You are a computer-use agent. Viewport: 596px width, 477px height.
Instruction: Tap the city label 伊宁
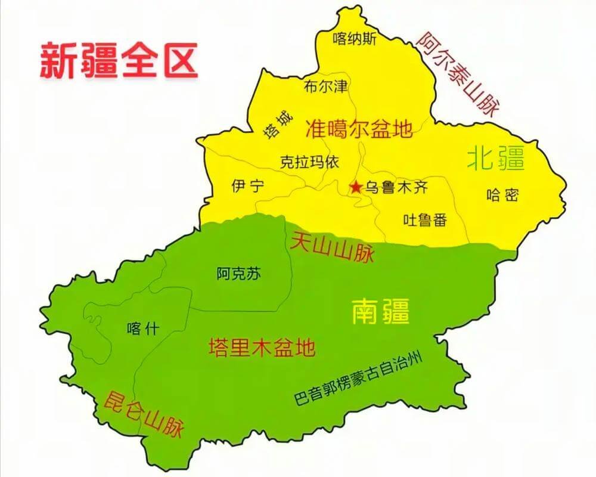pyautogui.click(x=247, y=186)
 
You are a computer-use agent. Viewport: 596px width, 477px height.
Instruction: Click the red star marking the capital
pyautogui.click(x=356, y=188)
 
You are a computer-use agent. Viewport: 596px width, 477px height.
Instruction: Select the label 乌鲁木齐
pyautogui.click(x=396, y=188)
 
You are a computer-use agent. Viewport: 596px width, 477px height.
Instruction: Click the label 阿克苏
pyautogui.click(x=238, y=274)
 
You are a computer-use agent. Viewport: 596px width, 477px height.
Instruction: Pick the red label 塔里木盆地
pyautogui.click(x=262, y=347)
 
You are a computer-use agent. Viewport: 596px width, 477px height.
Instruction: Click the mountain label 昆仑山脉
pyautogui.click(x=144, y=415)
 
